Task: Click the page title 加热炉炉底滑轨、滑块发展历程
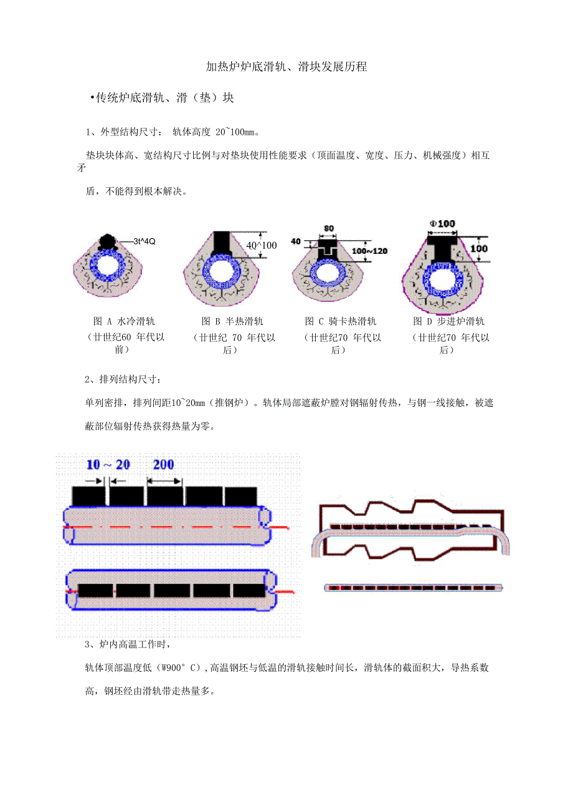(286, 67)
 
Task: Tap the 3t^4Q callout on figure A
(144, 241)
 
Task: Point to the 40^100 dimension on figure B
(262, 246)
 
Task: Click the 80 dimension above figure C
(329, 228)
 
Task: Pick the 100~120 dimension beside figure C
(369, 251)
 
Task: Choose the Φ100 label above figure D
(442, 224)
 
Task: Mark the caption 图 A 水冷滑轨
(124, 321)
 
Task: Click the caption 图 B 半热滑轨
(232, 321)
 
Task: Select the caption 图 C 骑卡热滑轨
(341, 321)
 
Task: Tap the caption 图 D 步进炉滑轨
(449, 321)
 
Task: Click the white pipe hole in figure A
(107, 266)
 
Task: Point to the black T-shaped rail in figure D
(442, 249)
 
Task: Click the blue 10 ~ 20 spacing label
(108, 465)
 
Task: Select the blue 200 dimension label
(164, 465)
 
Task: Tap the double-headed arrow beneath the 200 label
(164, 481)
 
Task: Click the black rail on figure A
(107, 241)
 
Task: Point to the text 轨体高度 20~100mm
(215, 132)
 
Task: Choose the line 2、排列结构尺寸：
(123, 380)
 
